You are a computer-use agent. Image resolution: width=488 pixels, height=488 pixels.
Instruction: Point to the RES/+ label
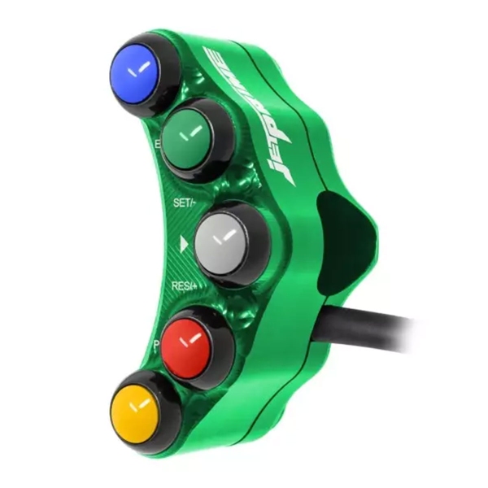coord(186,286)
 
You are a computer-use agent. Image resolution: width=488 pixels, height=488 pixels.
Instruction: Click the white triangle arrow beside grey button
coord(185,242)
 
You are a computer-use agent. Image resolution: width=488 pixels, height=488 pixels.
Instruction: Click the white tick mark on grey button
coord(224,237)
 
